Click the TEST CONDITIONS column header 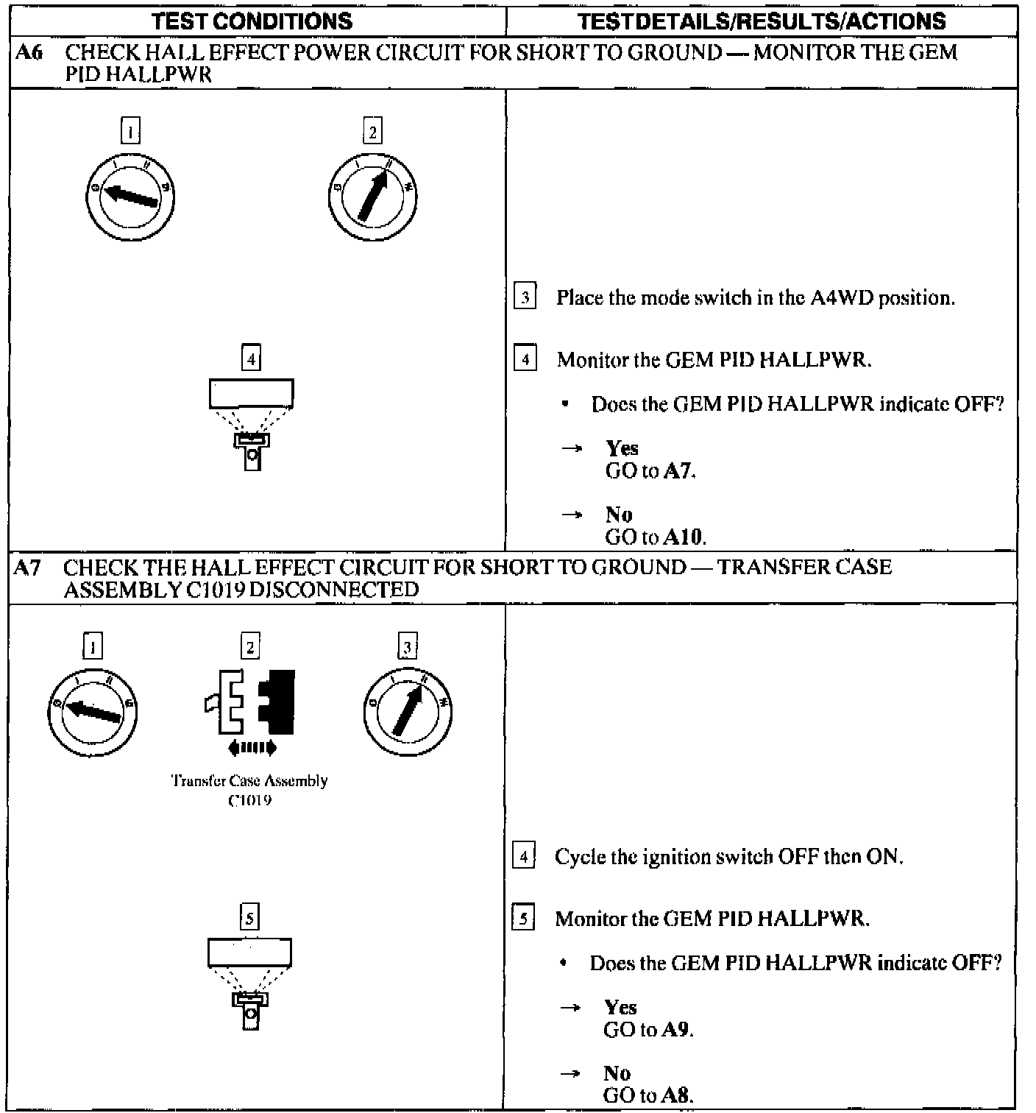252,21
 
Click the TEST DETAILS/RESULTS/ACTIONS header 762,21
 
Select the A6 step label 26,52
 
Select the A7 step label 26,568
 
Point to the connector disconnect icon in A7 251,702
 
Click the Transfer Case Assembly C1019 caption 249,790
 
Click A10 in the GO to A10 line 684,537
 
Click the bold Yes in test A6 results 622,448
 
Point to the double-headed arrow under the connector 252,749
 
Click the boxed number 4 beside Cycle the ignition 523,857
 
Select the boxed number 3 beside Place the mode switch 525,298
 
